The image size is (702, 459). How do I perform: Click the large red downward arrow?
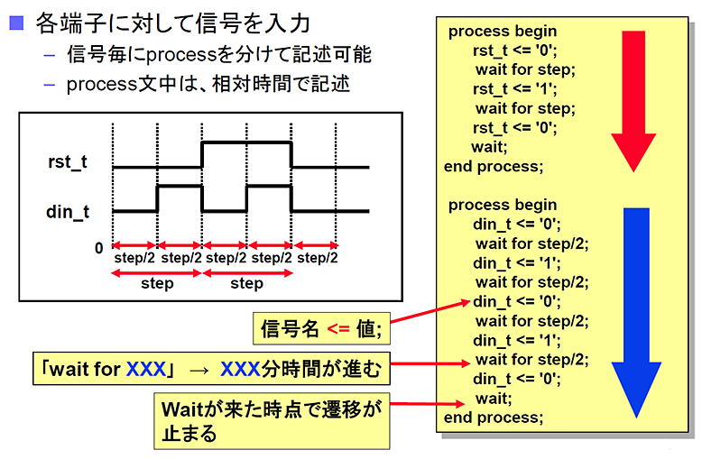(633, 98)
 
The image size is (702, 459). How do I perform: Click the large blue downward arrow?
(636, 308)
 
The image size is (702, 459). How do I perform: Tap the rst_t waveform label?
(68, 162)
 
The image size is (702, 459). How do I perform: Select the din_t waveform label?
(68, 212)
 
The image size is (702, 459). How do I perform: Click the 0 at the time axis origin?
(99, 248)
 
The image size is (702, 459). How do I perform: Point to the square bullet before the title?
(16, 23)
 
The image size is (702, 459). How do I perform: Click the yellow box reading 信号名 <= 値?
(321, 329)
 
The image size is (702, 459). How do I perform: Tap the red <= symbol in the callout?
(338, 329)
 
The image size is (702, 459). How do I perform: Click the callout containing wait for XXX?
(211, 369)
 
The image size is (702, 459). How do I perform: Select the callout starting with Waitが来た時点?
(272, 421)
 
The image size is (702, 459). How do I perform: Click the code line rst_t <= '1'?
(515, 89)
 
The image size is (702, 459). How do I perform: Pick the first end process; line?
(494, 167)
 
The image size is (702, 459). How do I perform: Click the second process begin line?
(503, 205)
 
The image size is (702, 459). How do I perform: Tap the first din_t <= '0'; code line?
(517, 225)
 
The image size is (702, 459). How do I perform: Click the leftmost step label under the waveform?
(157, 283)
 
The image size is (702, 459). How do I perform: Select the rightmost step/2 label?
(318, 258)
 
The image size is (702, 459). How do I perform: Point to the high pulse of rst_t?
(246, 142)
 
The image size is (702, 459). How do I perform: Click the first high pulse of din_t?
(180, 186)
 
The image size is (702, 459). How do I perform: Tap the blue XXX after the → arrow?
(240, 369)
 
